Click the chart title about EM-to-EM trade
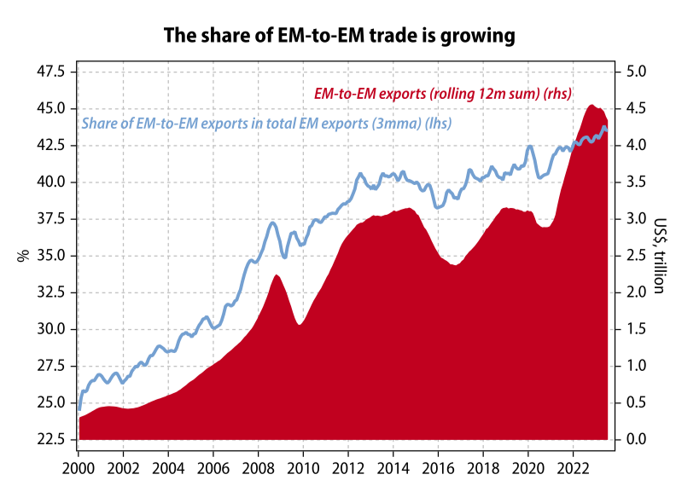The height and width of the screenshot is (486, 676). click(337, 35)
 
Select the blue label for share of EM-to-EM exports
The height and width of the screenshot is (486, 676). click(266, 123)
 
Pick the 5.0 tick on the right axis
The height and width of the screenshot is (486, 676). click(637, 71)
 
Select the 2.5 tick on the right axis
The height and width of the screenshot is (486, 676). click(637, 255)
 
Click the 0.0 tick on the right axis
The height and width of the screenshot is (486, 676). click(637, 439)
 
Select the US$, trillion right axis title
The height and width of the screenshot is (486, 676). click(658, 255)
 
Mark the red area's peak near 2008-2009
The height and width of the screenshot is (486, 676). click(276, 275)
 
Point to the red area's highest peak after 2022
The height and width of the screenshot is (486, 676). click(591, 105)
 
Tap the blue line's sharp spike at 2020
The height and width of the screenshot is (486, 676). click(529, 146)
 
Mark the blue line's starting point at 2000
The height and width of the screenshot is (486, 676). click(79, 409)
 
